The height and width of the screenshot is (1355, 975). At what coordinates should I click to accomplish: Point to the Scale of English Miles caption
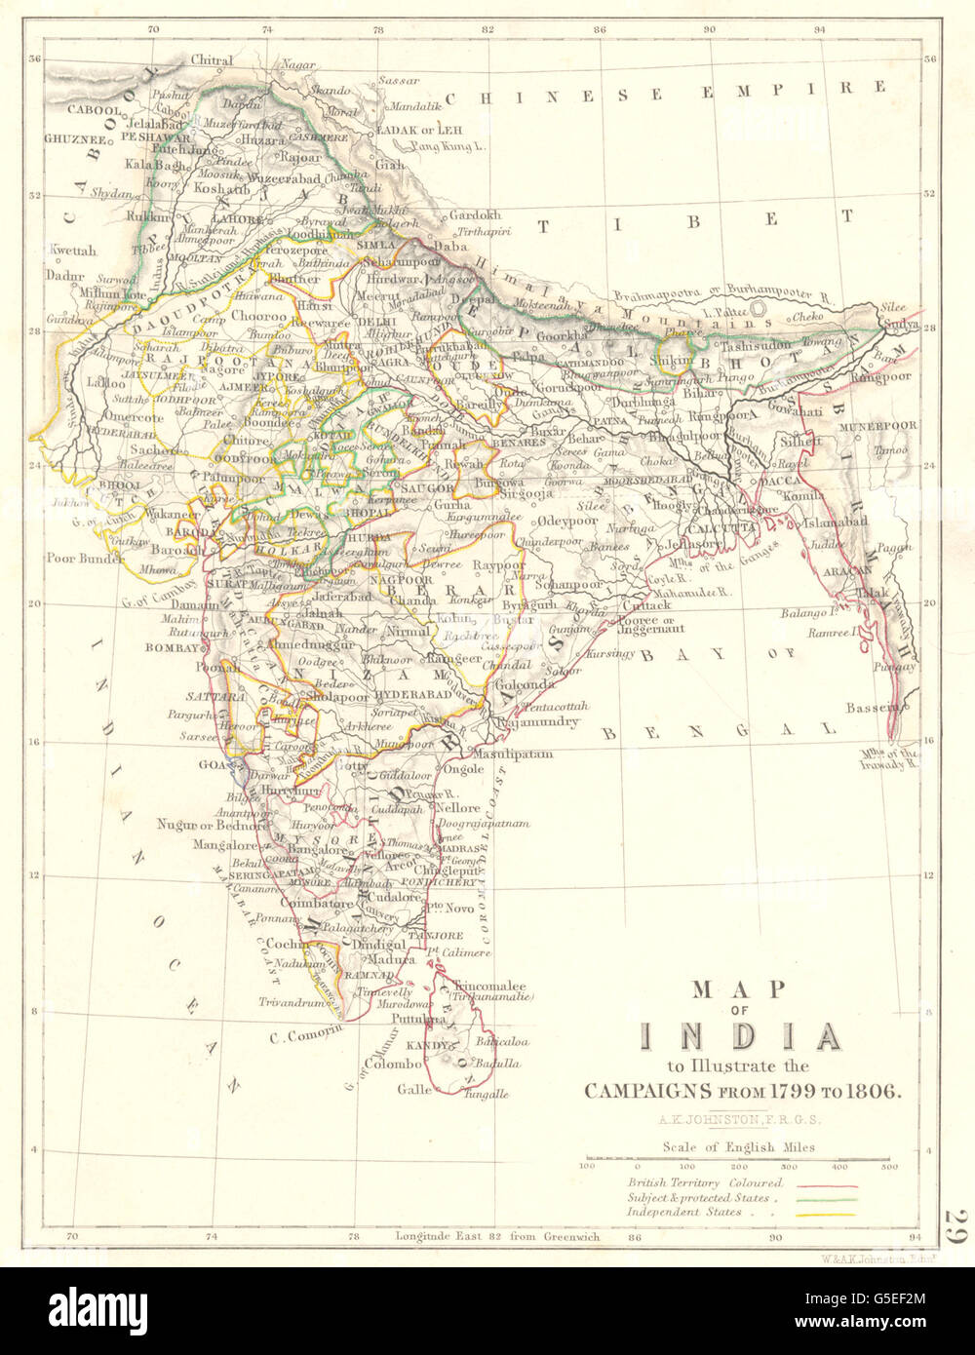(737, 1147)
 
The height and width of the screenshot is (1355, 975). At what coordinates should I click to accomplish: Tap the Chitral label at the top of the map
(212, 60)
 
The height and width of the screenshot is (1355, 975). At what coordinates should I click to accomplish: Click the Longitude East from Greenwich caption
(497, 1237)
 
